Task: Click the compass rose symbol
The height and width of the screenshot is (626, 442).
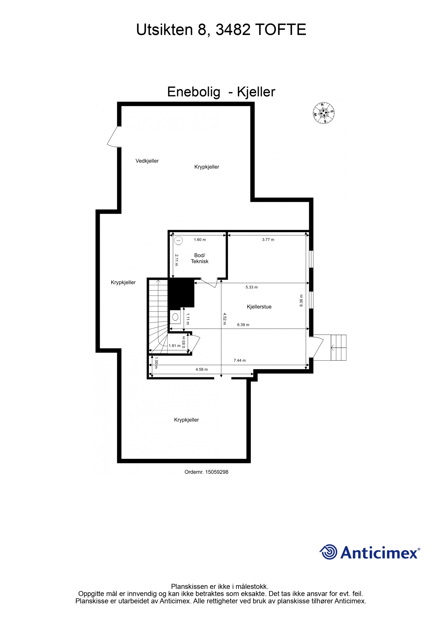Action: point(324,113)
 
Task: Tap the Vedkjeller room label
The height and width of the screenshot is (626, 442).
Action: point(147,161)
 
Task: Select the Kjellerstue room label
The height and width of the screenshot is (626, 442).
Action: point(259,307)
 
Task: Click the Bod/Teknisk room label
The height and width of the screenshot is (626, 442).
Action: point(200,258)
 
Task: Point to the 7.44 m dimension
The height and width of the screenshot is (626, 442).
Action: point(240,360)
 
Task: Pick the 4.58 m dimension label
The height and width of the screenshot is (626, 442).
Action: point(202,369)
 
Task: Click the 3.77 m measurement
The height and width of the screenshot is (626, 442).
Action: point(268,240)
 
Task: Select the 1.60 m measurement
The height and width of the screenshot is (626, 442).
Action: point(200,240)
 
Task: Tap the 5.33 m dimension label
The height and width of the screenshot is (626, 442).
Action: point(252,287)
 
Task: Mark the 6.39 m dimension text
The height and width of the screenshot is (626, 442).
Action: point(243,325)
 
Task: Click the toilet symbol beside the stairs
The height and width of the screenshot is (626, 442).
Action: point(175,317)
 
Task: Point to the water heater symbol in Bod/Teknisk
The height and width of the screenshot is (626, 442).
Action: point(178,241)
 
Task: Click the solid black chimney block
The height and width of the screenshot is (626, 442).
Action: point(181,293)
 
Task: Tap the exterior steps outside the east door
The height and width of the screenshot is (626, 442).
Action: point(338,348)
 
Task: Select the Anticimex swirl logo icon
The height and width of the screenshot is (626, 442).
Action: point(328,552)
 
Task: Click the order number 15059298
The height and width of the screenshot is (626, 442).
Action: point(217,472)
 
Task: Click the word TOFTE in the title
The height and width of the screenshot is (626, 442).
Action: point(280,30)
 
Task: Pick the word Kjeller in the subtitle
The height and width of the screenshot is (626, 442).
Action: point(256,92)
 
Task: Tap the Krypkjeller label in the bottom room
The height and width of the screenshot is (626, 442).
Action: point(186,420)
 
